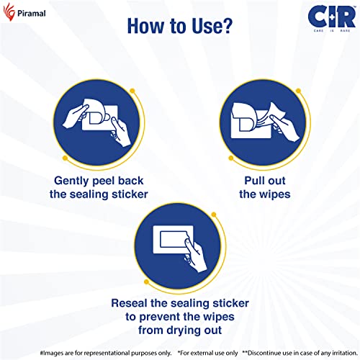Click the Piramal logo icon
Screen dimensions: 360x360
coord(9,12)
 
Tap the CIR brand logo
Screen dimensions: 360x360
coord(332,18)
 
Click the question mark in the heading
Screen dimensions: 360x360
coord(227,26)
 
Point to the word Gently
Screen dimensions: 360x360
coord(71,181)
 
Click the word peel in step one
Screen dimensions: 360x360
coord(104,181)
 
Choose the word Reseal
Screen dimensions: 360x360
coord(129,303)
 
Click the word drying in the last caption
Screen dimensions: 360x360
coord(186,330)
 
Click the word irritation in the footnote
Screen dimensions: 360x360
coord(345,353)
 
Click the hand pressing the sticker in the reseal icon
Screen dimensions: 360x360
coord(195,256)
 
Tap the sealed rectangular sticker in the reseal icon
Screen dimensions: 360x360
coord(174,239)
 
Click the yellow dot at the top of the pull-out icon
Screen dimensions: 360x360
coord(298,91)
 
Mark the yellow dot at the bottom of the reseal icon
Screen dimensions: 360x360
coord(146,282)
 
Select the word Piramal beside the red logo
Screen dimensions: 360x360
coord(32,13)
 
